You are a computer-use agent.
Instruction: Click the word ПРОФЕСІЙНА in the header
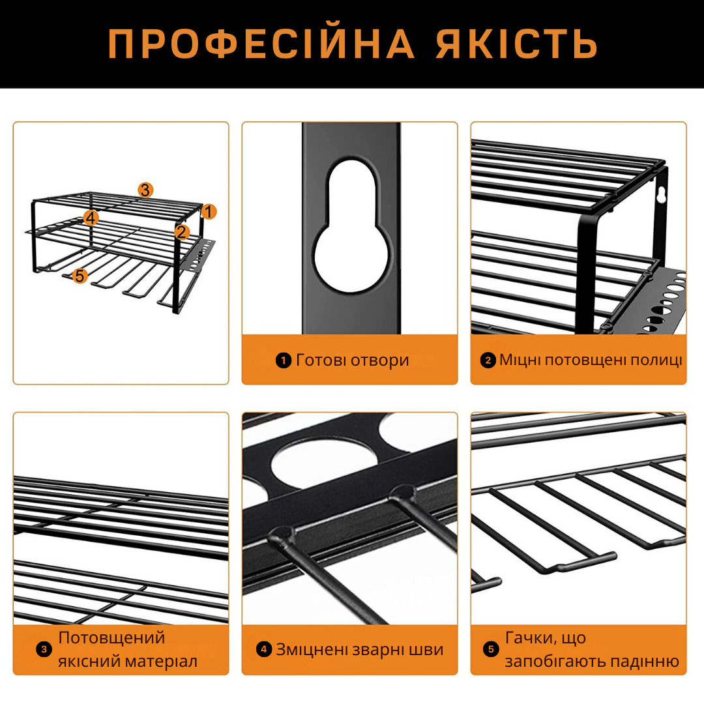(261, 44)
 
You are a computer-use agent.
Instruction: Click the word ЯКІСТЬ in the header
(517, 44)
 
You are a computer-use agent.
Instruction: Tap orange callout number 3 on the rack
(145, 190)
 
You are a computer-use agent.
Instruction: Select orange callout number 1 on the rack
(209, 211)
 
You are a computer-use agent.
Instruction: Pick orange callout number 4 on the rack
(91, 218)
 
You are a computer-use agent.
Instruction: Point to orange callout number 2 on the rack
(182, 231)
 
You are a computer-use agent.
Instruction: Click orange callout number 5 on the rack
(80, 275)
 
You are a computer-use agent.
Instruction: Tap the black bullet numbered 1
(284, 360)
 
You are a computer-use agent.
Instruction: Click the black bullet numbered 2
(488, 360)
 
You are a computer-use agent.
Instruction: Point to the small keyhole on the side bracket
(660, 195)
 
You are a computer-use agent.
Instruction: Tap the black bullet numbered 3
(44, 649)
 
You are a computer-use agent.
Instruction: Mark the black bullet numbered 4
(264, 649)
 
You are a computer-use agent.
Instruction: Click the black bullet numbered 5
(491, 649)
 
